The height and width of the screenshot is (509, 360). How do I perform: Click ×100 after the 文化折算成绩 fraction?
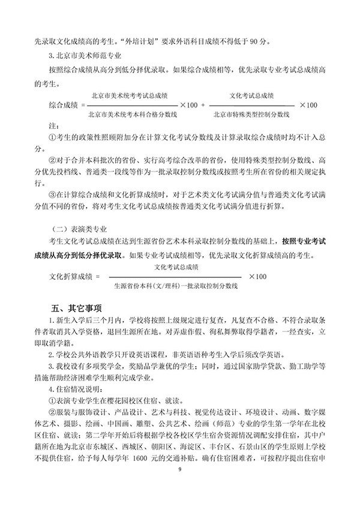(x=257, y=276)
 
